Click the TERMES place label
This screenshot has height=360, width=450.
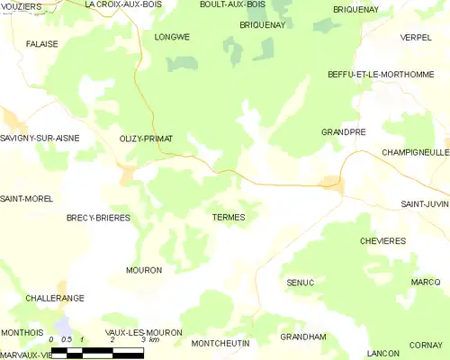click(x=229, y=218)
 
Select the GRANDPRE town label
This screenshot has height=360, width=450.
click(x=343, y=131)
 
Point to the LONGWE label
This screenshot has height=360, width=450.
click(x=172, y=37)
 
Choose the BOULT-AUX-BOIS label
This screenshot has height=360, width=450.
click(x=232, y=4)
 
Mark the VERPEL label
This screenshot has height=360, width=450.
click(x=416, y=37)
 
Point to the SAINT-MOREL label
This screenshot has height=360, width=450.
click(x=26, y=198)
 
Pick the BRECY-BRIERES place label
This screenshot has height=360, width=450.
click(x=98, y=218)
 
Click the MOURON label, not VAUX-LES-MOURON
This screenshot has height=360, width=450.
click(x=144, y=270)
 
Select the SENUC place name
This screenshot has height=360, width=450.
click(x=300, y=283)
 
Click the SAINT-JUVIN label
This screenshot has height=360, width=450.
click(x=425, y=204)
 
